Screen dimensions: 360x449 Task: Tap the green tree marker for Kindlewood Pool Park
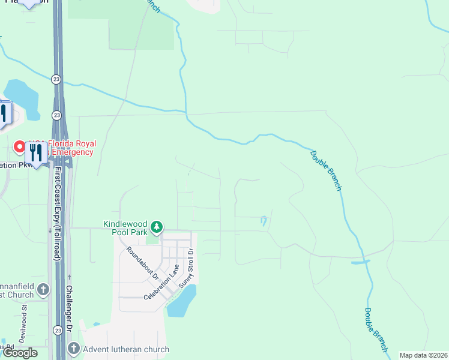pyautogui.click(x=156, y=227)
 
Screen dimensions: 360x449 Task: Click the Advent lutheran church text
pyautogui.click(x=126, y=349)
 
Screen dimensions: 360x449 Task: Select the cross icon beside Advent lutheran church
pyautogui.click(x=73, y=349)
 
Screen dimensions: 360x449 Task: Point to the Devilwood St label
pyautogui.click(x=23, y=323)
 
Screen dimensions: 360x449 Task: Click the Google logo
pyautogui.click(x=19, y=353)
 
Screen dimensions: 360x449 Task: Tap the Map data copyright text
pyautogui.click(x=423, y=355)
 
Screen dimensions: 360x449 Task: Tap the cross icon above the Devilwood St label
pyautogui.click(x=43, y=290)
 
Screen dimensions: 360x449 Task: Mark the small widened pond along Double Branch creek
pyautogui.click(x=360, y=262)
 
